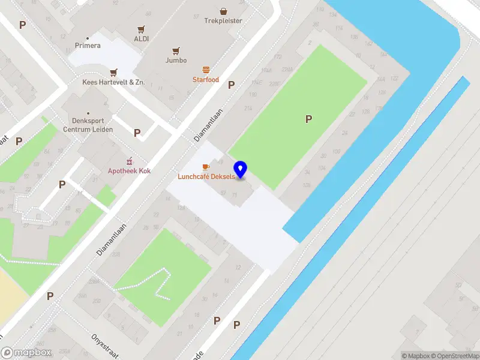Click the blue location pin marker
tap(241, 170)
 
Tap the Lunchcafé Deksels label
tap(206, 176)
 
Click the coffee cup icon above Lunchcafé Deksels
tap(206, 166)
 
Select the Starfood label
tap(206, 80)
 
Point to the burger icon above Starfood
tap(206, 70)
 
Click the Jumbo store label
tap(176, 61)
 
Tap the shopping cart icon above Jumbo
tap(176, 50)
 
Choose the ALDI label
tap(142, 38)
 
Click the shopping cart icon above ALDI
tap(142, 28)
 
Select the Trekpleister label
tap(223, 20)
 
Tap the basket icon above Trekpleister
tap(223, 10)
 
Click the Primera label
tap(88, 46)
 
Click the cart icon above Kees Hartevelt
tap(113, 72)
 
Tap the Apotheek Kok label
tap(129, 171)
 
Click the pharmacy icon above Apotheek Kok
tap(129, 161)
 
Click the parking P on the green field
tap(309, 119)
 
